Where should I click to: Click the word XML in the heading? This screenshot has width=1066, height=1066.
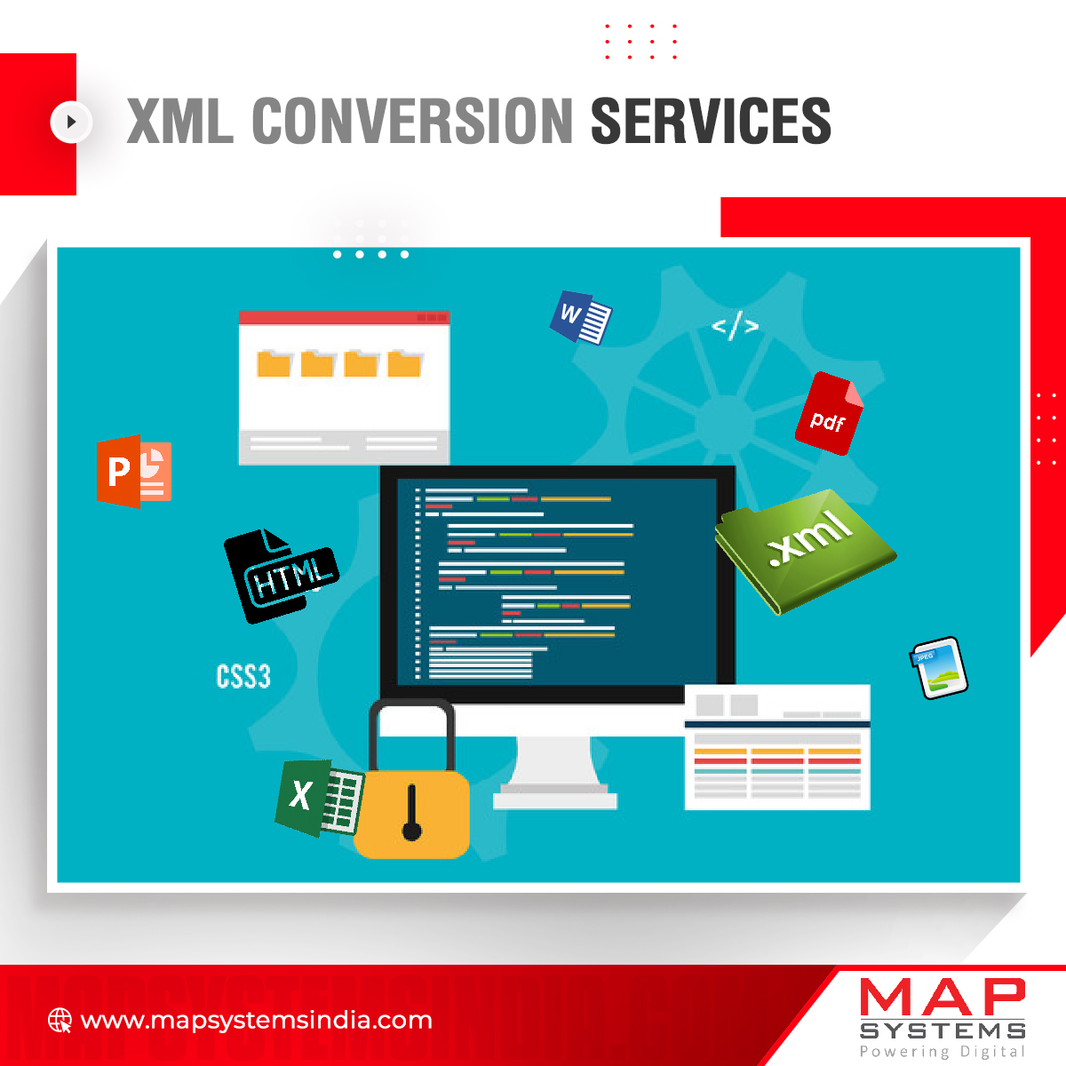pos(180,121)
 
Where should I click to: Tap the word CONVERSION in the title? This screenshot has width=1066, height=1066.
pos(412,121)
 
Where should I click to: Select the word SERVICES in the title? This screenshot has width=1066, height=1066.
pos(711,121)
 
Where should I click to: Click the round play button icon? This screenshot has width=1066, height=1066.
pos(70,122)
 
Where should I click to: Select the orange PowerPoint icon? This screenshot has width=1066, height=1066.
pos(133,471)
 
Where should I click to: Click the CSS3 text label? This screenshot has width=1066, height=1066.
pos(243,677)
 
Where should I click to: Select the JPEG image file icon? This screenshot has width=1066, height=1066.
pos(939,668)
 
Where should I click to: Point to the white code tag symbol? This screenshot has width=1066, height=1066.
pos(735,327)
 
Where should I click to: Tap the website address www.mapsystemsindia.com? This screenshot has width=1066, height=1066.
pos(257,1020)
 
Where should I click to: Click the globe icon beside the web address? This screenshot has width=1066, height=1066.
pos(60,1020)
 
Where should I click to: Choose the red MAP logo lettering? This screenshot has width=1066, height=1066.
pos(943,998)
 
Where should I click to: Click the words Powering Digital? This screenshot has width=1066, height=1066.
pos(943,1052)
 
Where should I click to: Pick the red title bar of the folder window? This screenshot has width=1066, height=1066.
pos(344,317)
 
